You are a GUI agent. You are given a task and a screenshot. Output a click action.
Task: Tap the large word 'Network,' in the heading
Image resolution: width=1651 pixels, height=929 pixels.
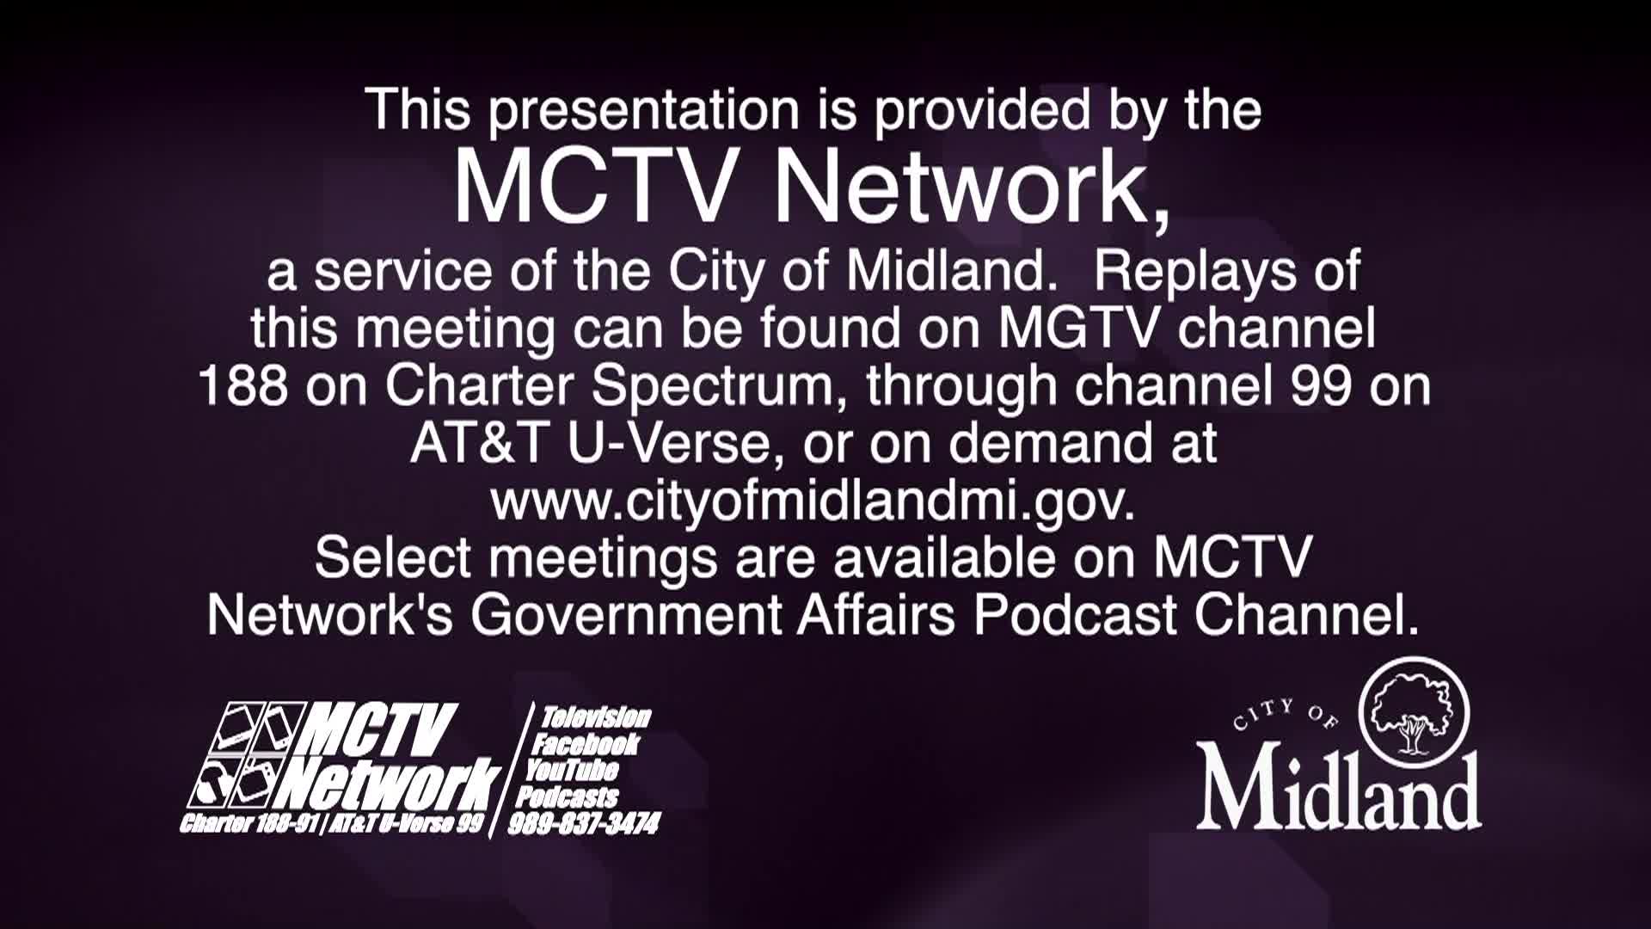tap(971, 190)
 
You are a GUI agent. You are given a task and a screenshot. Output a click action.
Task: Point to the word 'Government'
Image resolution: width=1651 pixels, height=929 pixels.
tap(625, 615)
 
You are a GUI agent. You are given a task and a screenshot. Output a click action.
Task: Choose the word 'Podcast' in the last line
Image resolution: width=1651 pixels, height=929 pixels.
tap(1076, 615)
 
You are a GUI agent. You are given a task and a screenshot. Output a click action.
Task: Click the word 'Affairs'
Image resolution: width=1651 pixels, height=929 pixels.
tap(876, 615)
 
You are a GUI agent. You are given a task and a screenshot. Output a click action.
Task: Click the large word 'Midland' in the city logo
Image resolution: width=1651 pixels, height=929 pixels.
tap(1339, 789)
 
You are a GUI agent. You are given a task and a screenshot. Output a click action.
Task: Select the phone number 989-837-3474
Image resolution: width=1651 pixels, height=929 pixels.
tap(584, 824)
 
